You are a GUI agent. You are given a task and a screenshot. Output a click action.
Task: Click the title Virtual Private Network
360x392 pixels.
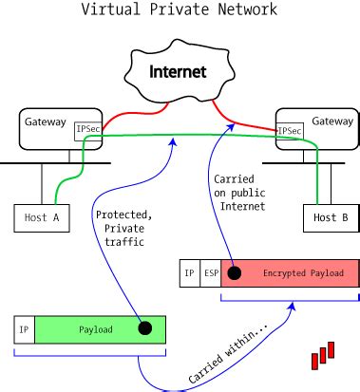180,10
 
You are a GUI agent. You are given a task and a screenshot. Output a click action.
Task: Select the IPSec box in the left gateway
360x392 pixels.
88,130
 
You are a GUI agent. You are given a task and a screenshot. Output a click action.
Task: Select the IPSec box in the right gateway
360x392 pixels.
289,130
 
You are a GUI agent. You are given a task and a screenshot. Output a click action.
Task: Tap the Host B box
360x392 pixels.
331,217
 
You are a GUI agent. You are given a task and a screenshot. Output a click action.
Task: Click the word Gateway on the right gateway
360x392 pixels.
332,121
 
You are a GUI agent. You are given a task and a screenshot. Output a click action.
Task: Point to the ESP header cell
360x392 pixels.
211,273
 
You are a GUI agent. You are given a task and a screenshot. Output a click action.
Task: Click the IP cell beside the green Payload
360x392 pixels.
23,329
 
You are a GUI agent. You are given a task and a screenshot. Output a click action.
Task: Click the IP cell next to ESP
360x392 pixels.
190,273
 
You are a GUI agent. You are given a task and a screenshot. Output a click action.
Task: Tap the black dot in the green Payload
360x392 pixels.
144,328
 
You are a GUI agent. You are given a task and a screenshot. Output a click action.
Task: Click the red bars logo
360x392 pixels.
325,355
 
